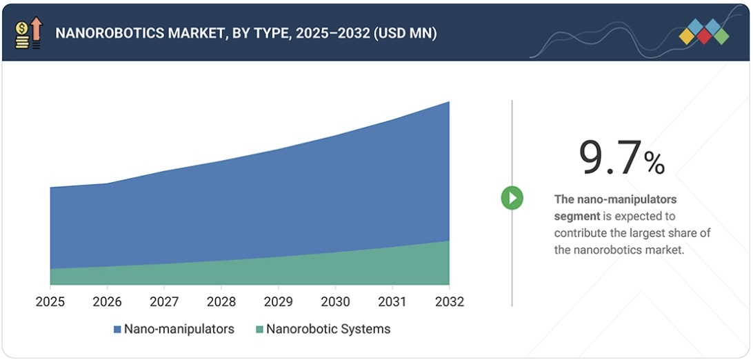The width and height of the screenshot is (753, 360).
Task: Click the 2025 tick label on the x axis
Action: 50,302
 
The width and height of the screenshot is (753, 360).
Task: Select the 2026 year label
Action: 107,302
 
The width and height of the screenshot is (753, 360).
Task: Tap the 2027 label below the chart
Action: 164,302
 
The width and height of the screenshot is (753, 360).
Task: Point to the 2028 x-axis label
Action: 221,302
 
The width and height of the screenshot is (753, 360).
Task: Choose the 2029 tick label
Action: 278,302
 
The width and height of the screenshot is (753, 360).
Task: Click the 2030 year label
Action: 335,302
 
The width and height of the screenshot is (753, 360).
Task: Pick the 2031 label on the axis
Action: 392,302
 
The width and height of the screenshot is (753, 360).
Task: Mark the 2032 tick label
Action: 449,302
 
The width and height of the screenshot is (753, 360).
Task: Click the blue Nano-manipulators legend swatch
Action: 117,330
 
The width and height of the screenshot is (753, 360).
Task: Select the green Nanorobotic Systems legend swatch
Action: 259,330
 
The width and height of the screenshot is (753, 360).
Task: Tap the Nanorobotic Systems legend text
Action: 328,329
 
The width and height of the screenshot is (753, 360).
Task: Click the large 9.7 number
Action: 610,158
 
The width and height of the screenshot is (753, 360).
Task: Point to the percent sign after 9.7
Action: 654,163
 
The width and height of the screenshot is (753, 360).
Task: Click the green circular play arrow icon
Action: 512,199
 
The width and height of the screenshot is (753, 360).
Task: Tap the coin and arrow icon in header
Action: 28,33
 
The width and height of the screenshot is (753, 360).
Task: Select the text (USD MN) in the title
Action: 405,33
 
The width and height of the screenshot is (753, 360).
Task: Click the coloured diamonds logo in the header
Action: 703,32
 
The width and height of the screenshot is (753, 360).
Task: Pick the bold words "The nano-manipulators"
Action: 616,199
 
